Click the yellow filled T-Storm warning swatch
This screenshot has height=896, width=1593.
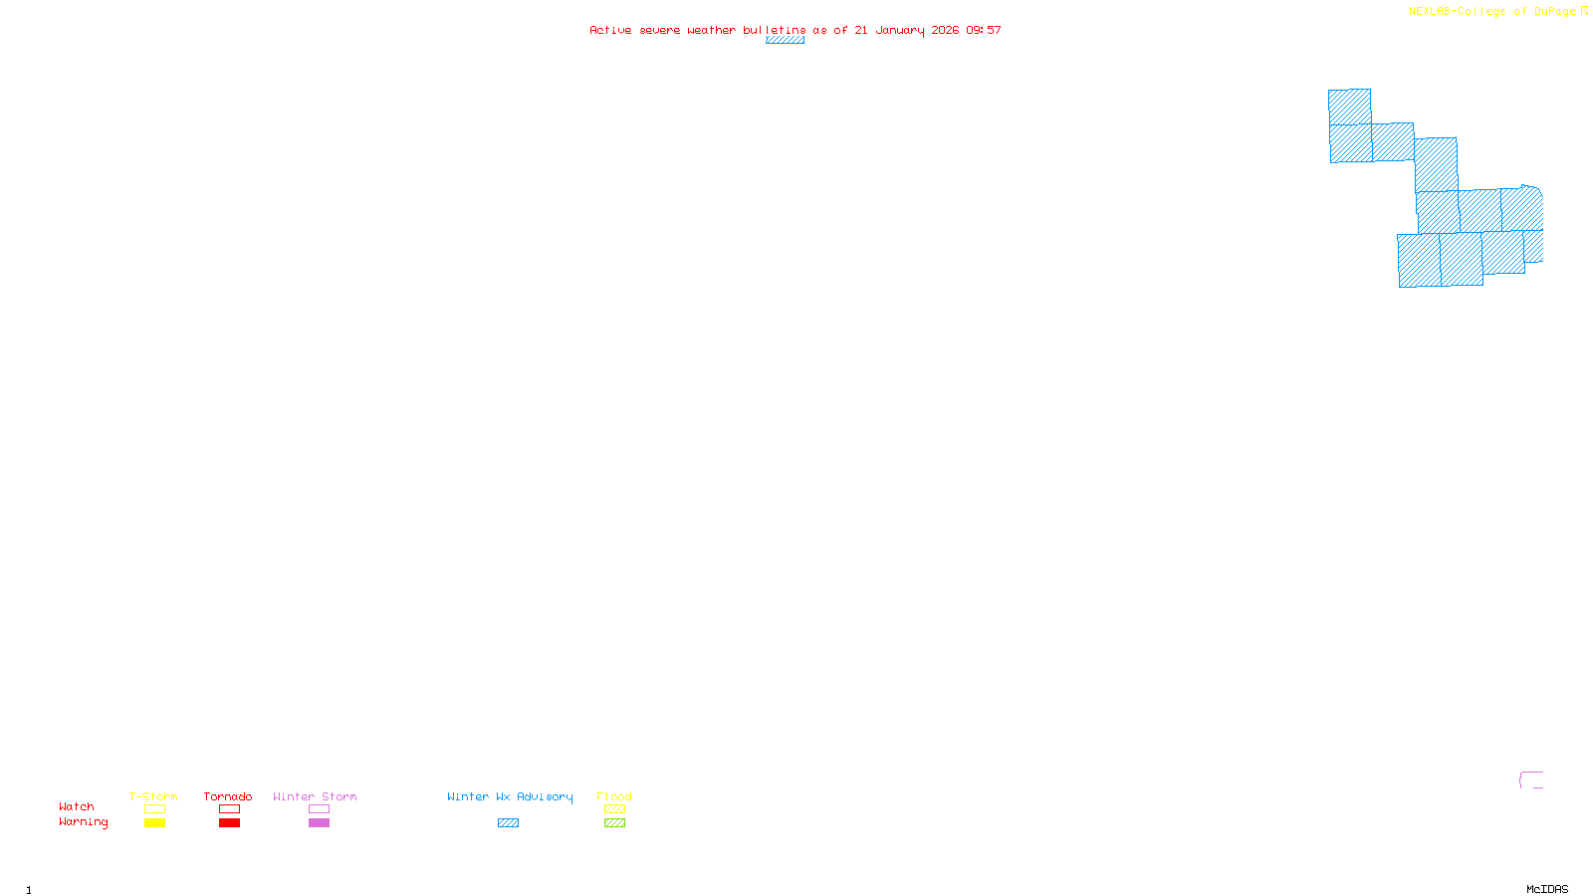154,823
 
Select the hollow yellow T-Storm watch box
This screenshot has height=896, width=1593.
154,809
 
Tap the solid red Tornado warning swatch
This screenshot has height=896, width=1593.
229,823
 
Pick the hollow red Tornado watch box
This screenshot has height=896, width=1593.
229,809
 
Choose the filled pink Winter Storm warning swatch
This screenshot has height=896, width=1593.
319,823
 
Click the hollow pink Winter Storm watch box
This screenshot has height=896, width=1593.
319,809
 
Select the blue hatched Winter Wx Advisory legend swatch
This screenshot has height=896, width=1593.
508,823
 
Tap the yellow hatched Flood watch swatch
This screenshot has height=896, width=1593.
614,809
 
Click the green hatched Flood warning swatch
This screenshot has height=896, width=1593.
614,823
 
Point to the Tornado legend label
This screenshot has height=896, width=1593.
228,796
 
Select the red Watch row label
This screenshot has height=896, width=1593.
77,807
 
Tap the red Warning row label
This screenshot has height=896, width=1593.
83,822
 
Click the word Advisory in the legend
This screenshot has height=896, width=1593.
545,796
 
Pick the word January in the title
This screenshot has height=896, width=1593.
899,30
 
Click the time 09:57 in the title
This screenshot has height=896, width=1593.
983,30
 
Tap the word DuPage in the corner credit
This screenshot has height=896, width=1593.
1554,12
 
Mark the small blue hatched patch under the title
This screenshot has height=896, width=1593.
785,40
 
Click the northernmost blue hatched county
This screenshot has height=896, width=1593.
1349,107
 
